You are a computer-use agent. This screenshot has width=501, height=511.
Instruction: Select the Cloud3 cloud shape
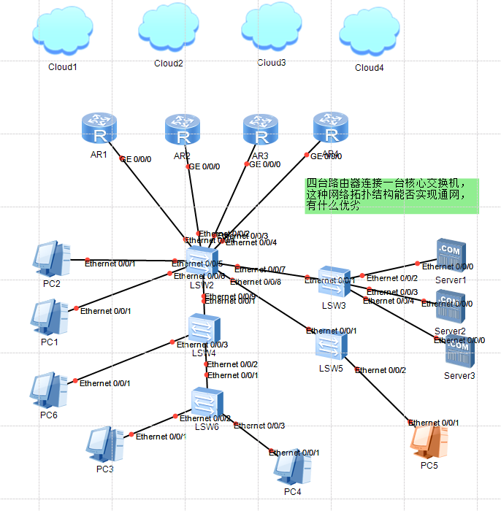[x=272, y=28]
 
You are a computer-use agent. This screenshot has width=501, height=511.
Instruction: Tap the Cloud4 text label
[x=369, y=68]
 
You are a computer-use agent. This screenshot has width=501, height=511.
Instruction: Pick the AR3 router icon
[x=261, y=130]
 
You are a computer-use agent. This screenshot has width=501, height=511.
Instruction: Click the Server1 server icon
[x=450, y=255]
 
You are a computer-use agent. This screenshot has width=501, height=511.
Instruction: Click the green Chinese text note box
[x=391, y=196]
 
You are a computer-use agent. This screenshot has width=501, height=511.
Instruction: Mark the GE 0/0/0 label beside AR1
[x=135, y=158]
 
